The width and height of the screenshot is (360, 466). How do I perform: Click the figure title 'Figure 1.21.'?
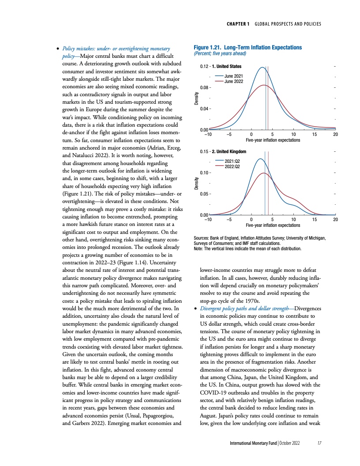click(208, 47)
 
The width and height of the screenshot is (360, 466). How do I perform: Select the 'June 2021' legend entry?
click(234, 77)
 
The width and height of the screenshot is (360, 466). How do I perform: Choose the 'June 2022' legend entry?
click(234, 82)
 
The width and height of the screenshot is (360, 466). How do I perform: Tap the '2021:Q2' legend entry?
click(233, 162)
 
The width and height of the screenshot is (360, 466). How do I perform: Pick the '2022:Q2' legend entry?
click(233, 166)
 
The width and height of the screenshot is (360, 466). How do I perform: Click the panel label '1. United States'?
click(226, 67)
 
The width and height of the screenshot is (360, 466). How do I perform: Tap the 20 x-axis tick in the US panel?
click(336, 135)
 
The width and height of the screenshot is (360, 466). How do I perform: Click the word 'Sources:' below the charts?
click(201, 238)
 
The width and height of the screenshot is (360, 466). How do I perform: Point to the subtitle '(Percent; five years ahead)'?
click(220, 53)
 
